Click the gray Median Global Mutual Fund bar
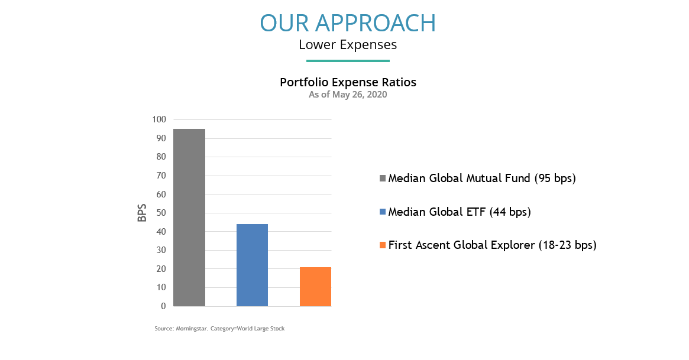189,218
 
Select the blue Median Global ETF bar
252,265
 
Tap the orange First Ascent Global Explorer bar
315,287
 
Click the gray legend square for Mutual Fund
382,179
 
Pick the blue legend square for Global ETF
382,212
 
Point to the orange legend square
382,245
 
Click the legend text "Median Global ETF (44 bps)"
460,212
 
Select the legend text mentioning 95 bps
482,179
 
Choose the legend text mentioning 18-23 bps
493,245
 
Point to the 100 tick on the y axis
159,119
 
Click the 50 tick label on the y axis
161,213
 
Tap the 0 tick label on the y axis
163,306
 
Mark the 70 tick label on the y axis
161,176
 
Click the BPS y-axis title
142,213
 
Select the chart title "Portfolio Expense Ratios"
348,83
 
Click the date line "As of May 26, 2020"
348,95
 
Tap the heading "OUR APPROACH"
348,23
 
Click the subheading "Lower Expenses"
348,45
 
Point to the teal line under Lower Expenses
348,60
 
